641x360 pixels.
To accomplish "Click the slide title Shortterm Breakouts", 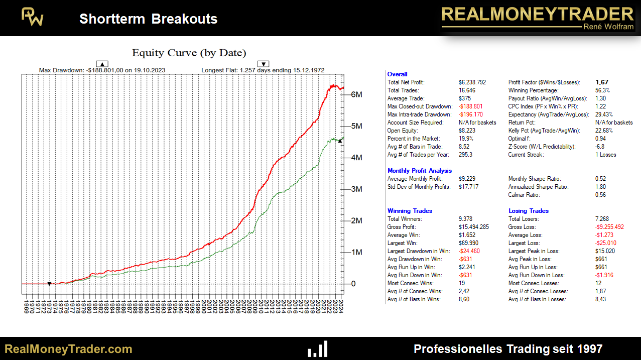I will point(148,19).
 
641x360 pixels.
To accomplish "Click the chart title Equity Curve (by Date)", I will point(189,53).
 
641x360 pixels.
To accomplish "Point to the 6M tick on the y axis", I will point(356,94).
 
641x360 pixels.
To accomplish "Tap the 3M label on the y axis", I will point(356,189).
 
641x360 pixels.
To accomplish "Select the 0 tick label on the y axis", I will point(353,284).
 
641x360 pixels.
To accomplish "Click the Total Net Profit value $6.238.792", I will point(472,82).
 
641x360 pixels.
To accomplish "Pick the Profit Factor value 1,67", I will point(602,82).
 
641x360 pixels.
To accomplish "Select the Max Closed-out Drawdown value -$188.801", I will point(470,106).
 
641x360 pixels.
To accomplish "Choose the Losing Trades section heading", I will point(529,211).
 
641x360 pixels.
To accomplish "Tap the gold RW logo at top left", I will point(33,18).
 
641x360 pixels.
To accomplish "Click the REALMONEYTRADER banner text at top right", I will point(537,14).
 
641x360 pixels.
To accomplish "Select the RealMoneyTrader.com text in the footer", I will point(68,349).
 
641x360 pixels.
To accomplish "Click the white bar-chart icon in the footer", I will point(318,349).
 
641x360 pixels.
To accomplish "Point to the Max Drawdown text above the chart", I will point(102,70).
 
